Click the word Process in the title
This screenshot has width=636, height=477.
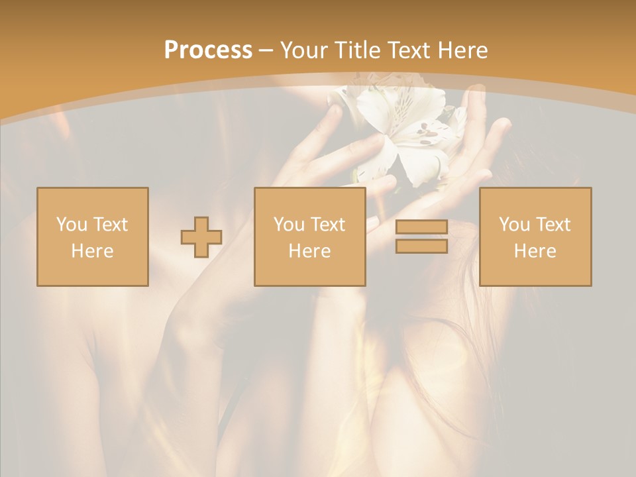pyautogui.click(x=208, y=50)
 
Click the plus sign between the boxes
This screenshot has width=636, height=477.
pyautogui.click(x=201, y=237)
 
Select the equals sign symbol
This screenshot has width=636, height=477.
pyautogui.click(x=421, y=237)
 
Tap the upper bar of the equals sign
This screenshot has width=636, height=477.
pyautogui.click(x=421, y=227)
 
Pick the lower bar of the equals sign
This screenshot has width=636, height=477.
pyautogui.click(x=421, y=246)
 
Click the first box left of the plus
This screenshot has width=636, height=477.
pyautogui.click(x=93, y=237)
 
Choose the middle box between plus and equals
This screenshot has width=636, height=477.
pyautogui.click(x=309, y=237)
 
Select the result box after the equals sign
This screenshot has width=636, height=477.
pyautogui.click(x=535, y=237)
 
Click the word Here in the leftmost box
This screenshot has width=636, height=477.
pyautogui.click(x=92, y=251)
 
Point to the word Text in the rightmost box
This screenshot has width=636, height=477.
pyautogui.click(x=554, y=225)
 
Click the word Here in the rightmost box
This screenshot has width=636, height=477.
pyautogui.click(x=535, y=251)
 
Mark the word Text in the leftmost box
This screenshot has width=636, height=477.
pyautogui.click(x=111, y=225)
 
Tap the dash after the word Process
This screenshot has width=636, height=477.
pyautogui.click(x=266, y=51)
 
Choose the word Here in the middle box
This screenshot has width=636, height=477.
pyautogui.click(x=309, y=251)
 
